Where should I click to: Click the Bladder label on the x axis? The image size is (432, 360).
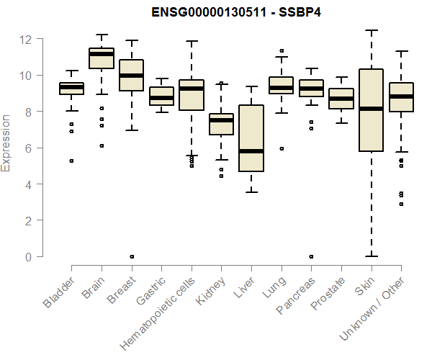[x=59, y=293]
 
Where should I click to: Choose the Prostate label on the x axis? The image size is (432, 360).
[x=328, y=294]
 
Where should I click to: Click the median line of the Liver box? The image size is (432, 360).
[x=251, y=151]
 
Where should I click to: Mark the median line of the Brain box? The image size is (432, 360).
[x=102, y=54]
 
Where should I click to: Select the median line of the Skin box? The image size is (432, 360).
[x=371, y=109]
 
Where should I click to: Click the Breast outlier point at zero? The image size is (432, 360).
[x=131, y=256]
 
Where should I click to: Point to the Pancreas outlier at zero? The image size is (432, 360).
[x=311, y=256]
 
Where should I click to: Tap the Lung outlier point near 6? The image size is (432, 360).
[x=281, y=148]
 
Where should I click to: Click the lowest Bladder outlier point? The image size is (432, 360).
[x=71, y=161]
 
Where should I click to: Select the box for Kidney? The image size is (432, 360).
[x=221, y=124]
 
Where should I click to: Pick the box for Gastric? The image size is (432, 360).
[x=161, y=96]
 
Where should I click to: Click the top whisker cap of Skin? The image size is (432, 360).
[x=371, y=30]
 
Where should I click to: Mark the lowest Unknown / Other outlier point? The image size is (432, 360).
[x=401, y=204]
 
